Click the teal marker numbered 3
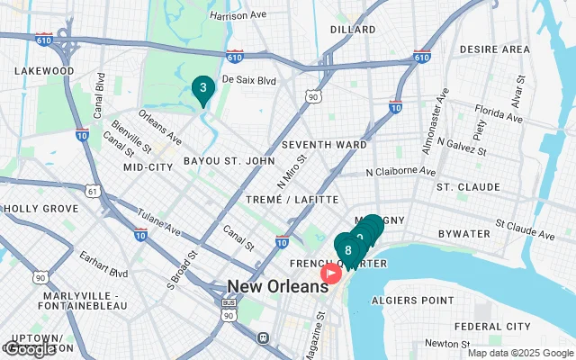pos(203,89)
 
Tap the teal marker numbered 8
pos(347,249)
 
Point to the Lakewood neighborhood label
pos(44,70)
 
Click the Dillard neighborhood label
pos(352,29)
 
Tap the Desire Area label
pos(494,49)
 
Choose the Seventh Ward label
pos(324,144)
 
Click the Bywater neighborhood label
pos(464,234)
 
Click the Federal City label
pos(492,326)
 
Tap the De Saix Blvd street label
pos(247,80)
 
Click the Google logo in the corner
pos(31,348)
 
